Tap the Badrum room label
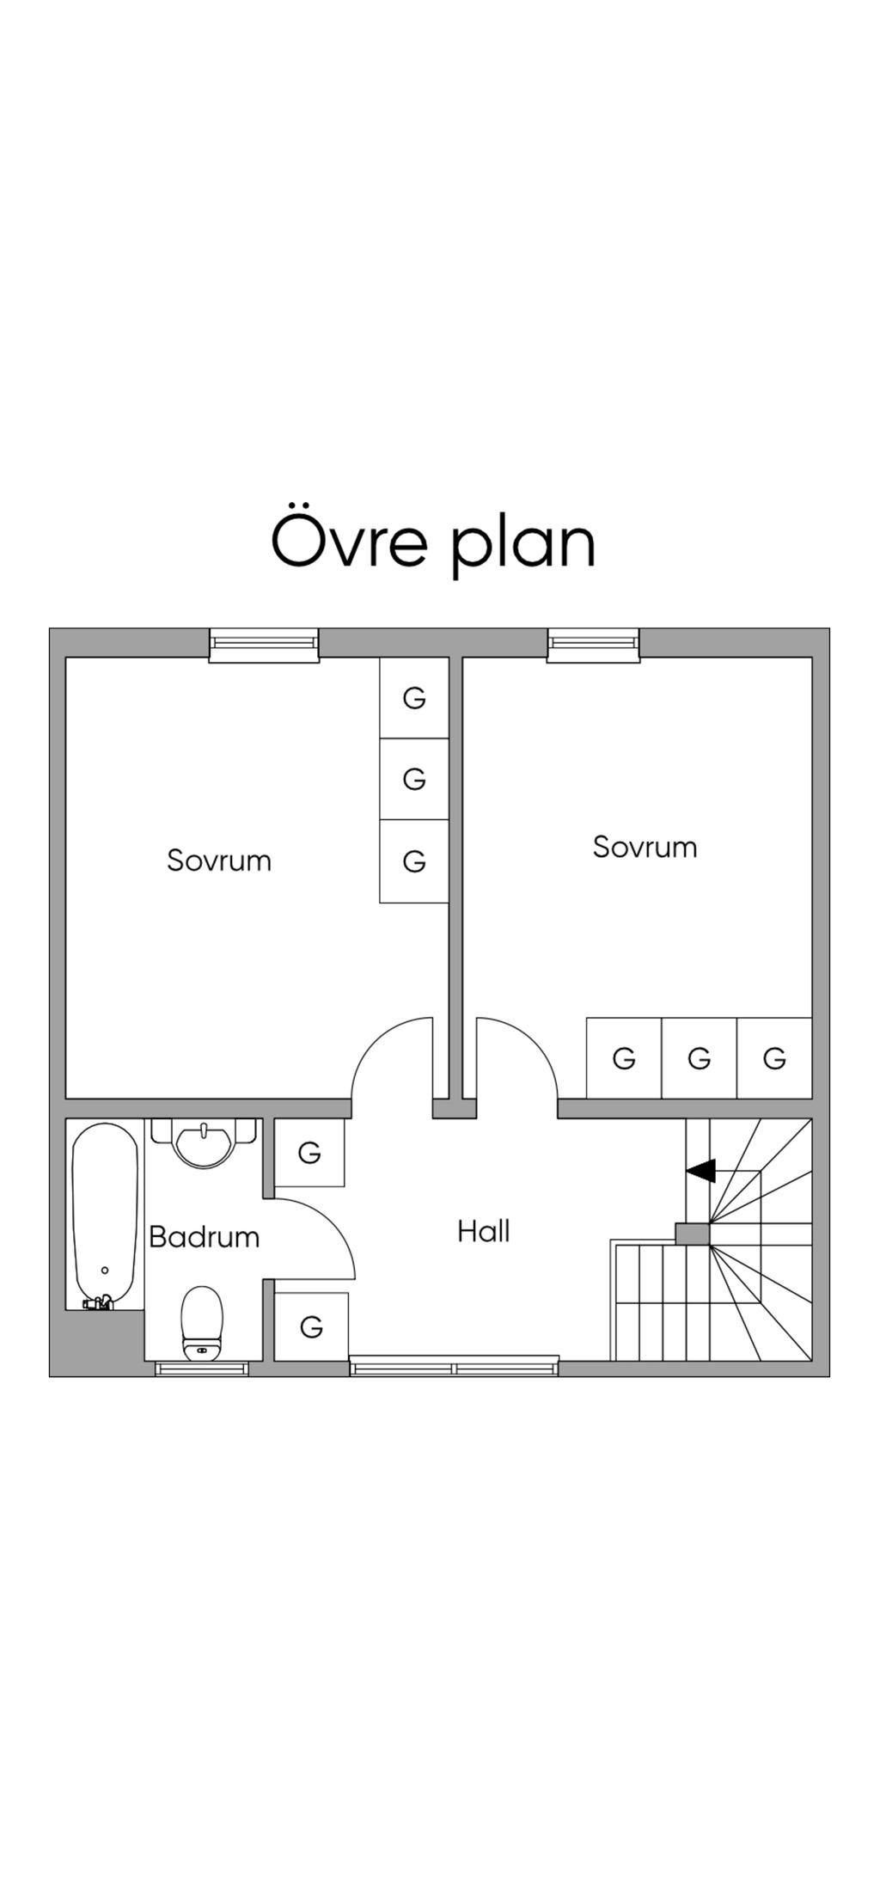[204, 1237]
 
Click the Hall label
[484, 1231]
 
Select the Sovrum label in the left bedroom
[219, 860]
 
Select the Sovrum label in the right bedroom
[645, 847]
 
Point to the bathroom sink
[204, 1143]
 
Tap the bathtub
[104, 1212]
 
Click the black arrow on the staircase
[701, 1170]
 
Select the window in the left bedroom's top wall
[264, 645]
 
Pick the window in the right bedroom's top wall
[593, 645]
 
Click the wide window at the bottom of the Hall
[454, 1365]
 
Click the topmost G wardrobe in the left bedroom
[414, 698]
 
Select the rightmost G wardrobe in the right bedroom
[774, 1058]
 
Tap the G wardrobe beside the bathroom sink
[309, 1153]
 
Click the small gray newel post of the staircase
[692, 1234]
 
